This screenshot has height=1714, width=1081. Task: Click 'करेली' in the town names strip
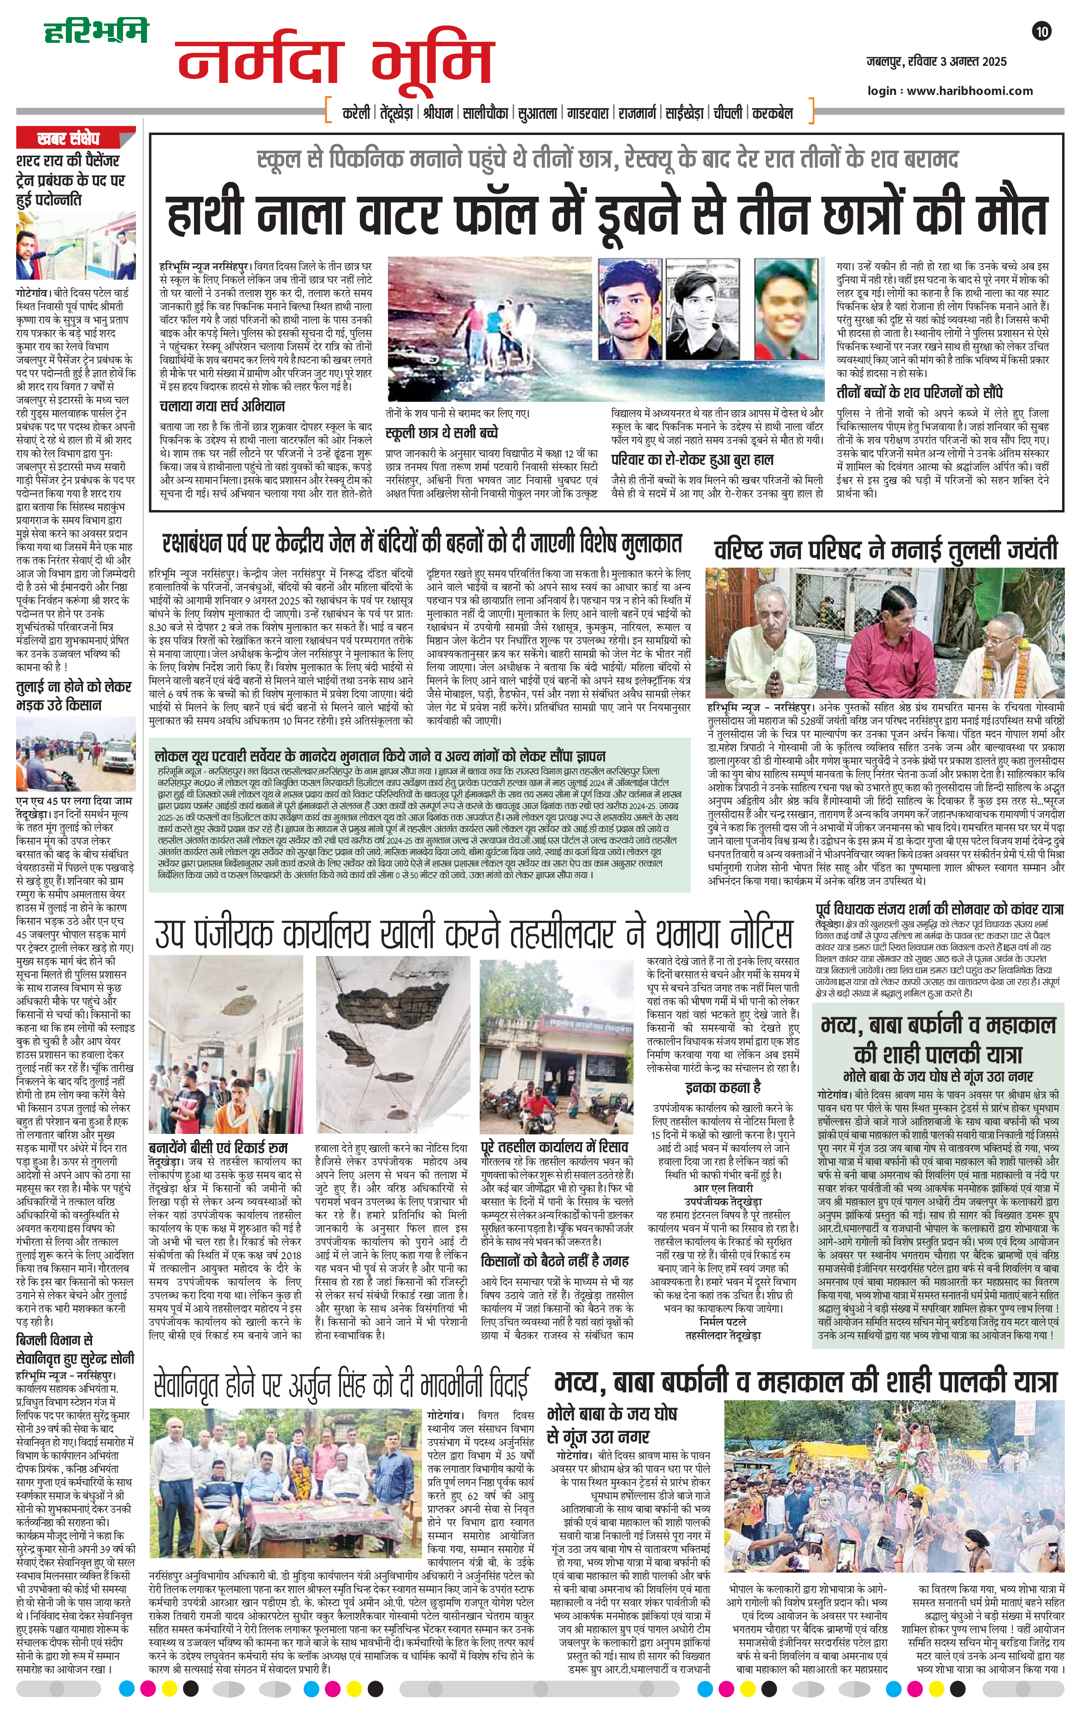click(356, 112)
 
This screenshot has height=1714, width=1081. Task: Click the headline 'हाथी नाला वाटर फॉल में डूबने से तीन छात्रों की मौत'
click(608, 216)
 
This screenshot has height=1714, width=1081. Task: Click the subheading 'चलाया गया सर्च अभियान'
click(222, 406)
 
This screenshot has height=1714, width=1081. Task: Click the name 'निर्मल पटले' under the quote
click(723, 1321)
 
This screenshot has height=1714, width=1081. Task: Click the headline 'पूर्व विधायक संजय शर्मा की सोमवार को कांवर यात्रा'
click(940, 909)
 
